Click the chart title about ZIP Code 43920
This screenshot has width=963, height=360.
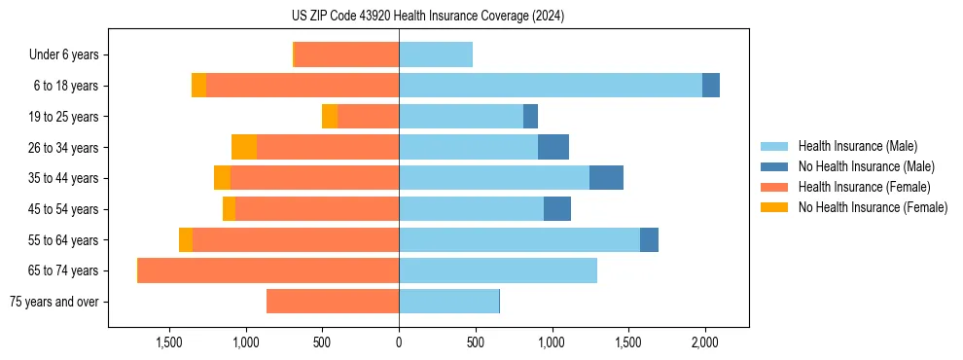click(481, 17)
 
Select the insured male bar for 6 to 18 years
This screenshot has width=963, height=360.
click(551, 86)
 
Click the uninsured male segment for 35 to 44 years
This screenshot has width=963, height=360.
click(606, 178)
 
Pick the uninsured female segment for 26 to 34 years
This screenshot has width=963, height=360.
click(244, 147)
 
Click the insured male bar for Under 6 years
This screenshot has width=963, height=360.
click(436, 54)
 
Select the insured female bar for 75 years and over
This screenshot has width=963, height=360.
click(333, 302)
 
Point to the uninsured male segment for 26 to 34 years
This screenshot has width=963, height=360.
click(553, 147)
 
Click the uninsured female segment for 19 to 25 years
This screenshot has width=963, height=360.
click(330, 117)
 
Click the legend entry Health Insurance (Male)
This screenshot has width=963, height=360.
click(857, 146)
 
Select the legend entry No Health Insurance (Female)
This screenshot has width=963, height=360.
click(873, 207)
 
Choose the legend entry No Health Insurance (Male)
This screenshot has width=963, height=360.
click(866, 166)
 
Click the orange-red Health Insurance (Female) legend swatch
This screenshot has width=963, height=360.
click(774, 187)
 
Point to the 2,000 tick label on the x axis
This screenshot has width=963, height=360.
click(705, 342)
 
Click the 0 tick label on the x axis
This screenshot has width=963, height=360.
click(399, 342)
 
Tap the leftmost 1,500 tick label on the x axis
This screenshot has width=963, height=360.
click(169, 342)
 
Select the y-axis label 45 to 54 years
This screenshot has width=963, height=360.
click(56, 209)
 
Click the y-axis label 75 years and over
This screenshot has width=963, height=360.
click(53, 302)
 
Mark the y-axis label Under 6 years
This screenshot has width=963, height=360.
click(63, 55)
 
